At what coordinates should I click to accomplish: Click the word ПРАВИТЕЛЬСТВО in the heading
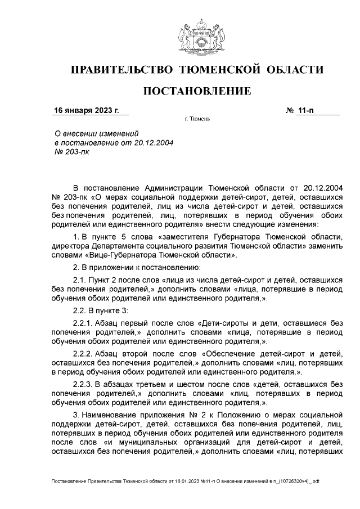(120, 70)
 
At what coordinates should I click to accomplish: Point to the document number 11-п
(307, 110)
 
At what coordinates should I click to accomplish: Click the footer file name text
(185, 482)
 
